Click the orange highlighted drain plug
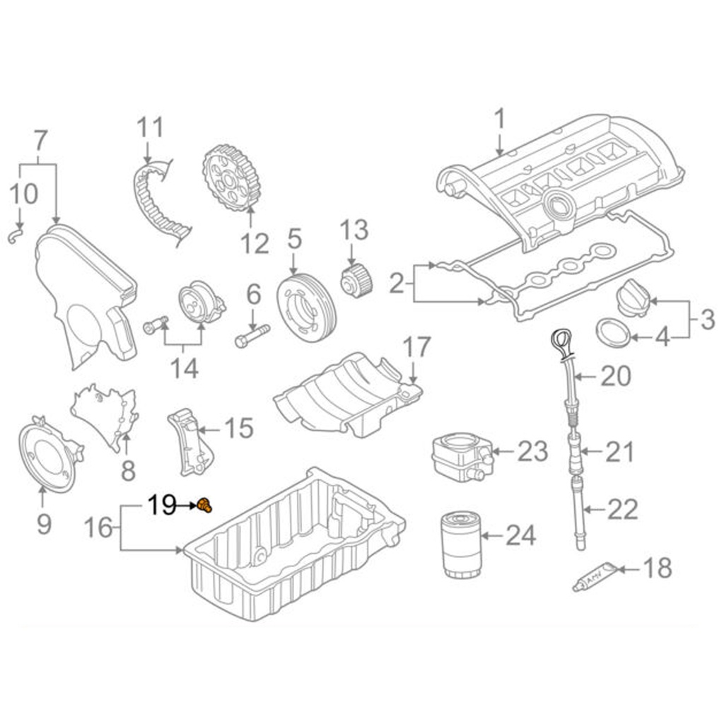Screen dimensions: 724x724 pyautogui.click(x=204, y=506)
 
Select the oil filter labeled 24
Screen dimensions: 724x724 pyautogui.click(x=461, y=544)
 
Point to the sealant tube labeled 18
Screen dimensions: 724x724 pyautogui.click(x=594, y=577)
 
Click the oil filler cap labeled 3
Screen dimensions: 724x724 pyautogui.click(x=633, y=298)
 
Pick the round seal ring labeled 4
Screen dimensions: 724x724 pyautogui.click(x=613, y=332)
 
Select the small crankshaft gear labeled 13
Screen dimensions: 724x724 pyautogui.click(x=356, y=280)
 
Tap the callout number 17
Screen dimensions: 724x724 pyautogui.click(x=416, y=347)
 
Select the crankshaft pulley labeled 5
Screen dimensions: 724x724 pyautogui.click(x=307, y=308)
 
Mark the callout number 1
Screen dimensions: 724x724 pyautogui.click(x=500, y=119)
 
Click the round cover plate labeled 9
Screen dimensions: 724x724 pyautogui.click(x=50, y=454)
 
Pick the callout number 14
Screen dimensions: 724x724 pyautogui.click(x=185, y=368)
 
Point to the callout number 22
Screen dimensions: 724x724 pyautogui.click(x=623, y=509)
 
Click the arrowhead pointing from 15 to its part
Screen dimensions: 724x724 pyautogui.click(x=202, y=431)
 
